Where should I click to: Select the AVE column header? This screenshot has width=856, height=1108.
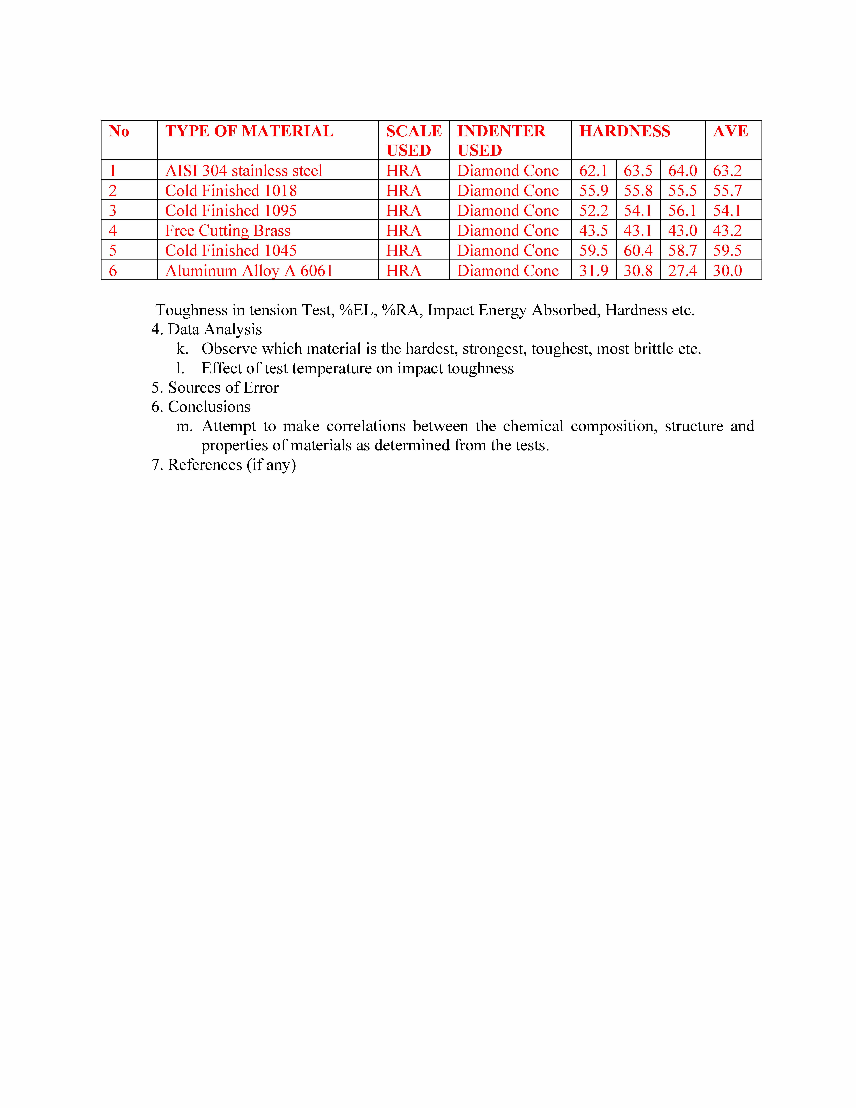pos(730,131)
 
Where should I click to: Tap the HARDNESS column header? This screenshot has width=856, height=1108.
pos(625,131)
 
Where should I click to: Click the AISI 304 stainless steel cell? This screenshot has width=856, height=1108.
pos(243,171)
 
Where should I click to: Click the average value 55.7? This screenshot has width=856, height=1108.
pos(727,191)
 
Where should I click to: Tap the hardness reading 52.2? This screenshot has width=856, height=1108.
pos(593,211)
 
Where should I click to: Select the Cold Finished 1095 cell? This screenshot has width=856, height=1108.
pos(231,211)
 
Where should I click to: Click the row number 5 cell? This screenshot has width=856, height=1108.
pos(113,251)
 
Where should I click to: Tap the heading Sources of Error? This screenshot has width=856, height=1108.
pos(223,388)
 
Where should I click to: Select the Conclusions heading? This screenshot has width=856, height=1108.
pos(209,407)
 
